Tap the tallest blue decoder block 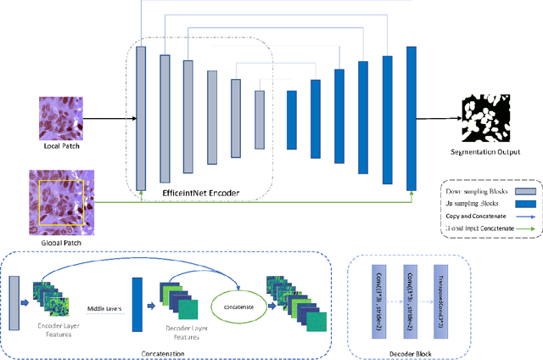[x=411, y=119]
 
